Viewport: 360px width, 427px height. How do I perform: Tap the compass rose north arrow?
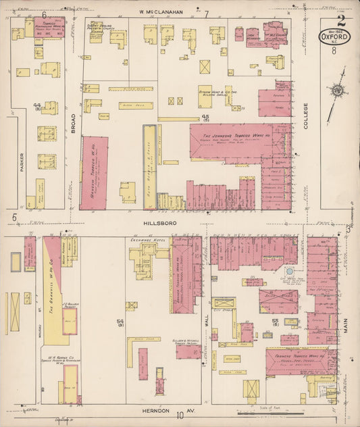tap(336, 90)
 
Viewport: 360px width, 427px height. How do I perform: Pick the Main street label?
tap(346, 320)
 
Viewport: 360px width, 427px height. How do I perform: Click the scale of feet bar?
tap(270, 412)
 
